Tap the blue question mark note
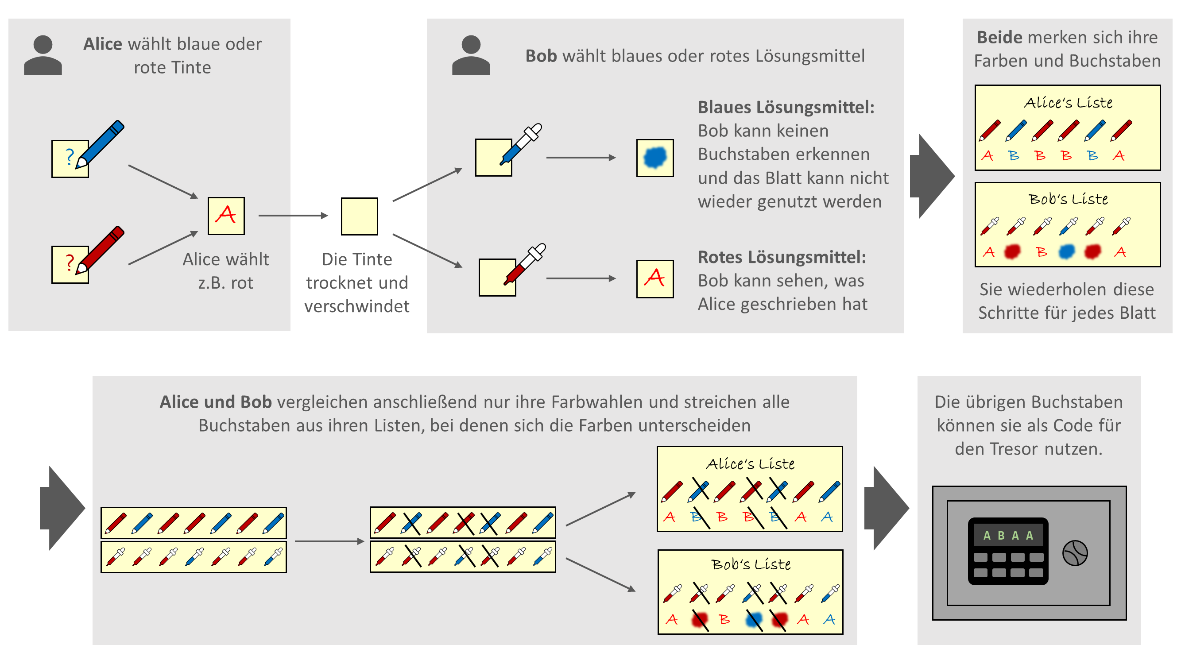[69, 158]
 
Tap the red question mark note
[69, 264]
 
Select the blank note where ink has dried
[359, 216]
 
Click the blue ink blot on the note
[654, 158]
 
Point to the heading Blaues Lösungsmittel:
[786, 107]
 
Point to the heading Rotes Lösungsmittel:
[781, 257]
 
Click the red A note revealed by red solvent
[654, 278]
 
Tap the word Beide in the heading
[999, 37]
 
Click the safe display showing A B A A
[1007, 535]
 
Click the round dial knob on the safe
[1074, 553]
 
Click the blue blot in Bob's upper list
[1066, 251]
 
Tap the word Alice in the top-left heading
[103, 44]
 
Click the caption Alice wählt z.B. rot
[225, 271]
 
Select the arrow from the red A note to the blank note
[293, 216]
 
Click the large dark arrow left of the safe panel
[886, 508]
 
